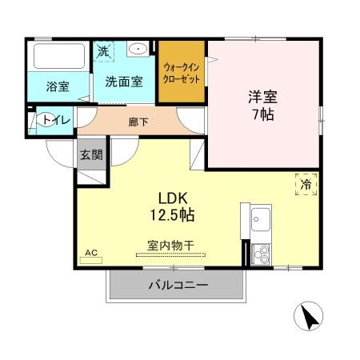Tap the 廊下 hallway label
point(138,122)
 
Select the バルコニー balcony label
point(178,285)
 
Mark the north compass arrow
point(310,318)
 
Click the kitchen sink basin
point(261,217)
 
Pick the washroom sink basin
point(139,49)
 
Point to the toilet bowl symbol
point(40,122)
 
